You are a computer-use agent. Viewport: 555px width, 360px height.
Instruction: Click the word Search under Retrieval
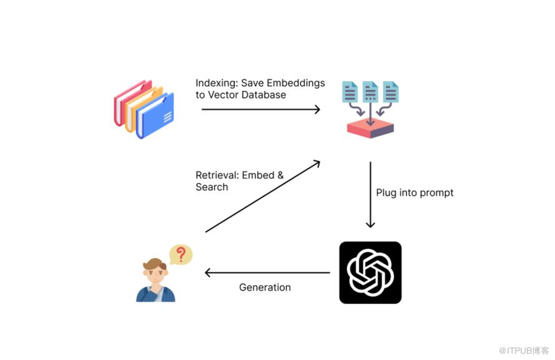point(211,187)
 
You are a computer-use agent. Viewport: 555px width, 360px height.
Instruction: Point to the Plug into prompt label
point(415,193)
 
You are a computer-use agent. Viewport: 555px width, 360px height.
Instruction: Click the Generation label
point(265,288)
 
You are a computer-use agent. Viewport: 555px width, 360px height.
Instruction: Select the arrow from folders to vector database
point(260,110)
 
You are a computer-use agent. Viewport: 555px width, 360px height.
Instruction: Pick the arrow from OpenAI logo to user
point(268,273)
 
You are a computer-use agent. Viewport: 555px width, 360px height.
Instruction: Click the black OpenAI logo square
point(370,273)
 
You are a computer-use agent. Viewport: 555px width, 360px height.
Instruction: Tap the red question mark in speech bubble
point(181,254)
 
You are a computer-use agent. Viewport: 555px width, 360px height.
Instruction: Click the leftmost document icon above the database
point(350,92)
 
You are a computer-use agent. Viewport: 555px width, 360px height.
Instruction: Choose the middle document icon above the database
point(370,92)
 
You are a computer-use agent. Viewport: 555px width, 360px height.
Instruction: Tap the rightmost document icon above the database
point(391,92)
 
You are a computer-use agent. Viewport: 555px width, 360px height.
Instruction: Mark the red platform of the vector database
point(370,128)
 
